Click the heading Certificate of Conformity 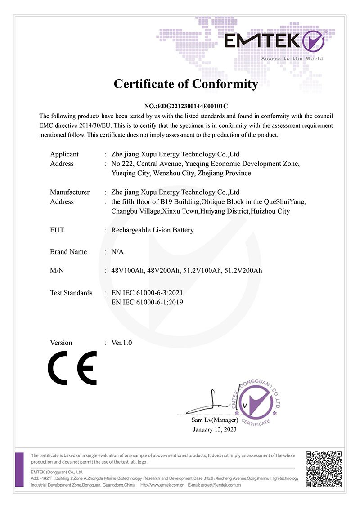186,84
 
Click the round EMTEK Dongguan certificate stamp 257,401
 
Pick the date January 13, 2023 215,429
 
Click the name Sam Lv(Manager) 215,420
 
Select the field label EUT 57,230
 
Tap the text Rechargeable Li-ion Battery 153,230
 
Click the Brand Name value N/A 117,252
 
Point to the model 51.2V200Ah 243,271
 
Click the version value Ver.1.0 121,343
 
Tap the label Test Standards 71,293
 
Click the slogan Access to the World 292,58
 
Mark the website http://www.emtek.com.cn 163,485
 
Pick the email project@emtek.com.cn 221,485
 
